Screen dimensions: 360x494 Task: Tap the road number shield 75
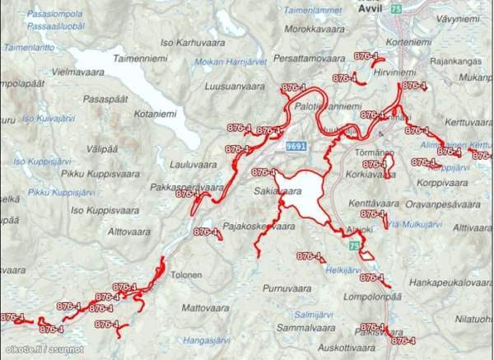[x=398, y=8]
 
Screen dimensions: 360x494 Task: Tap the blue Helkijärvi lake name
[x=343, y=269]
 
